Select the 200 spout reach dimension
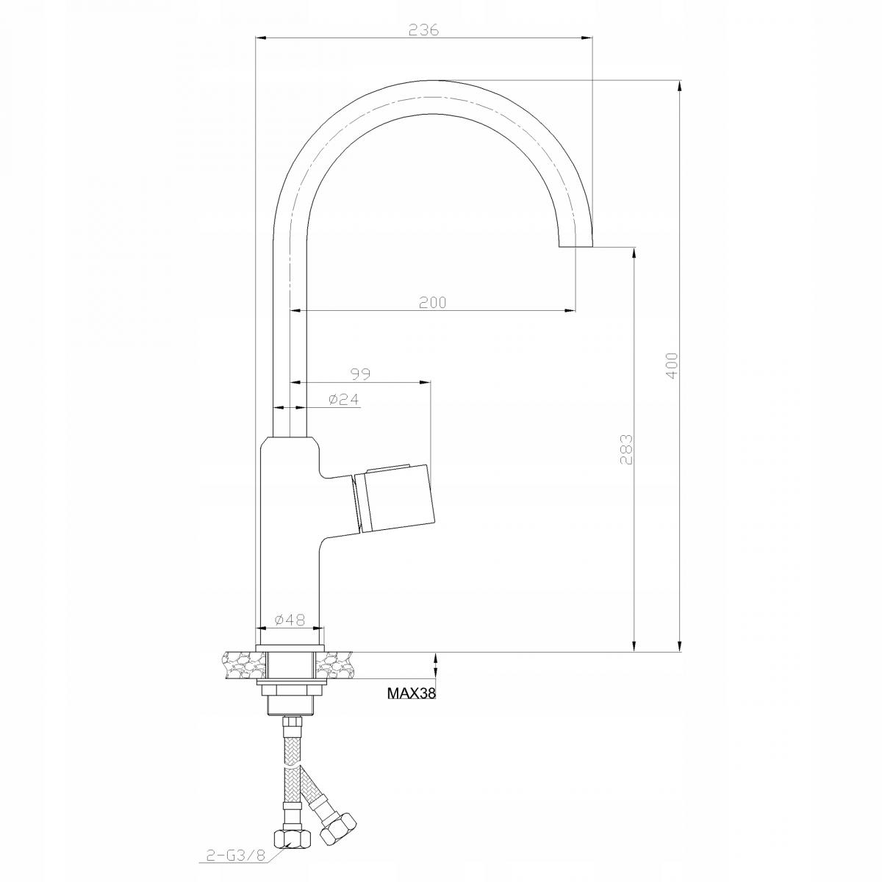(433, 302)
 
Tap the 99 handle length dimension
(359, 374)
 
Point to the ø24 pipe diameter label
(343, 399)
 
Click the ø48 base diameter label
(290, 620)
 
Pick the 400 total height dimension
(671, 365)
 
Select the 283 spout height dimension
(625, 449)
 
